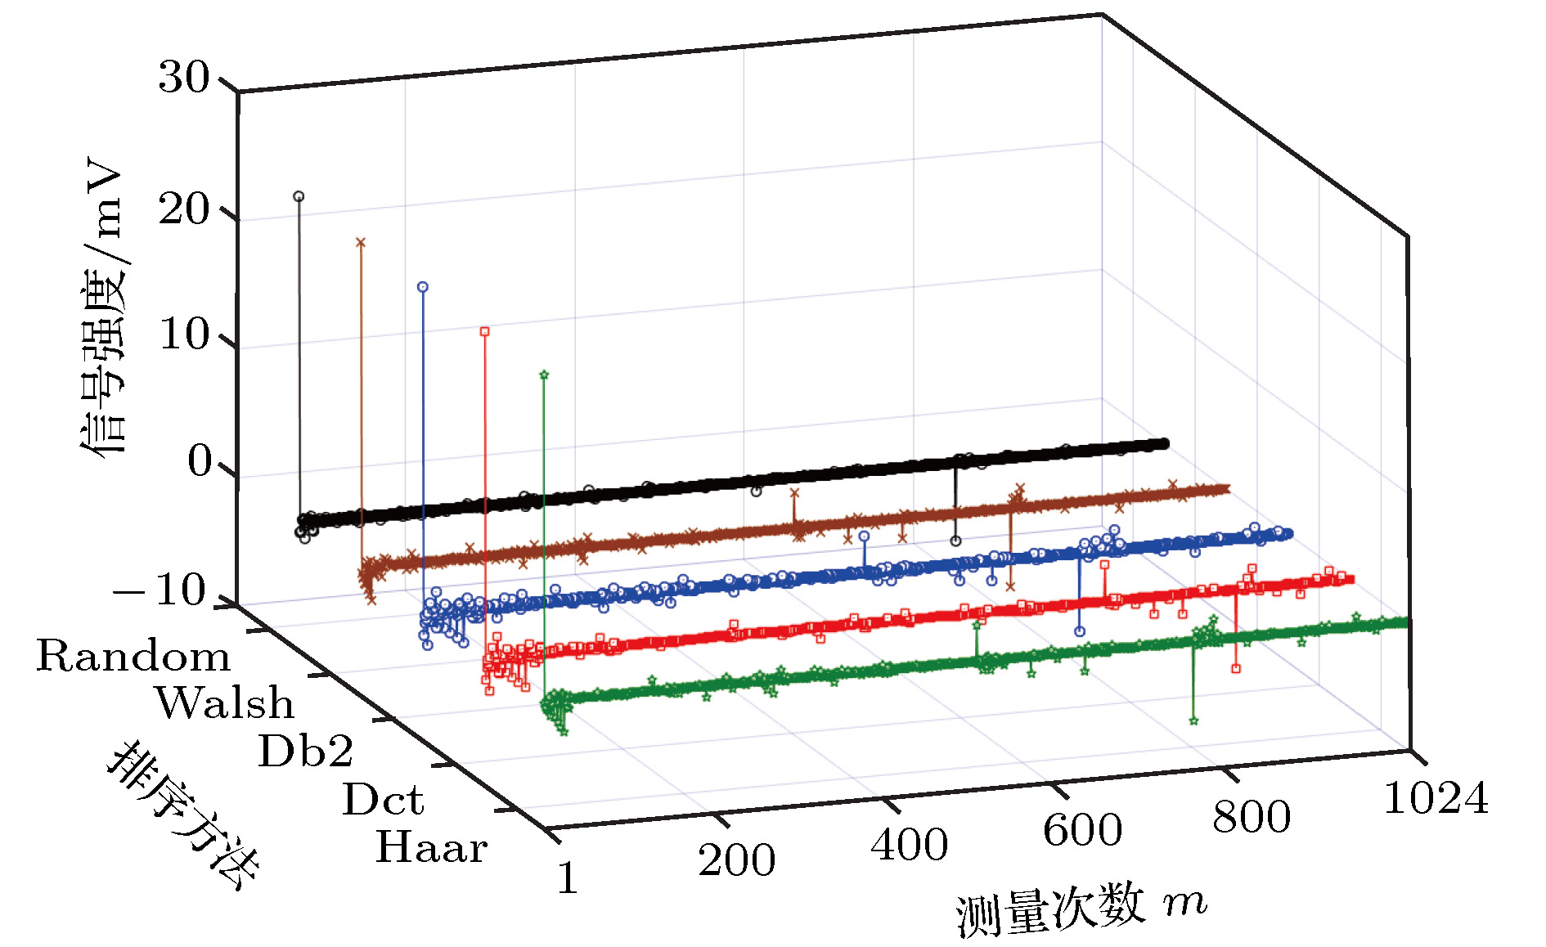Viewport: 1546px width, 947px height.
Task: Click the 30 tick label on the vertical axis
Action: [183, 79]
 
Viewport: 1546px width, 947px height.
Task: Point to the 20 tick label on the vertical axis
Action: [183, 209]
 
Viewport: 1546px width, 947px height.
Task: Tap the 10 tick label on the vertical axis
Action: [183, 334]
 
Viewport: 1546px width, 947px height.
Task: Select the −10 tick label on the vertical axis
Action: [160, 590]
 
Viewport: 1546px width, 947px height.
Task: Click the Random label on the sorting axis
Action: [133, 657]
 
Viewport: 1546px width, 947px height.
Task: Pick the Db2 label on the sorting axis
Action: [306, 751]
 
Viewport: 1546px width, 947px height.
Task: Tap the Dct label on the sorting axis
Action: [383, 800]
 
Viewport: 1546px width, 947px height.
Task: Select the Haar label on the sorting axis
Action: [432, 847]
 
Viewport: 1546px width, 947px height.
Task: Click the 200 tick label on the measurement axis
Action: [736, 860]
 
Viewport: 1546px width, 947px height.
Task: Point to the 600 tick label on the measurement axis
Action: [1082, 830]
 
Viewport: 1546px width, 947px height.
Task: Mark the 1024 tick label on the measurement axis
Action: [1436, 798]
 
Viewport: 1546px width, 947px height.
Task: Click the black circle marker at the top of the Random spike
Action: [299, 196]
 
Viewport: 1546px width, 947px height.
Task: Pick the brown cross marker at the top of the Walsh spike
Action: [360, 242]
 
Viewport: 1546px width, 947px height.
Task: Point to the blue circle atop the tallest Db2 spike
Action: [422, 287]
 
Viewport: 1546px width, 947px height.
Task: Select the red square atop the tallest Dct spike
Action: [484, 331]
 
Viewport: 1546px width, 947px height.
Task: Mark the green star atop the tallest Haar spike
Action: [544, 375]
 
